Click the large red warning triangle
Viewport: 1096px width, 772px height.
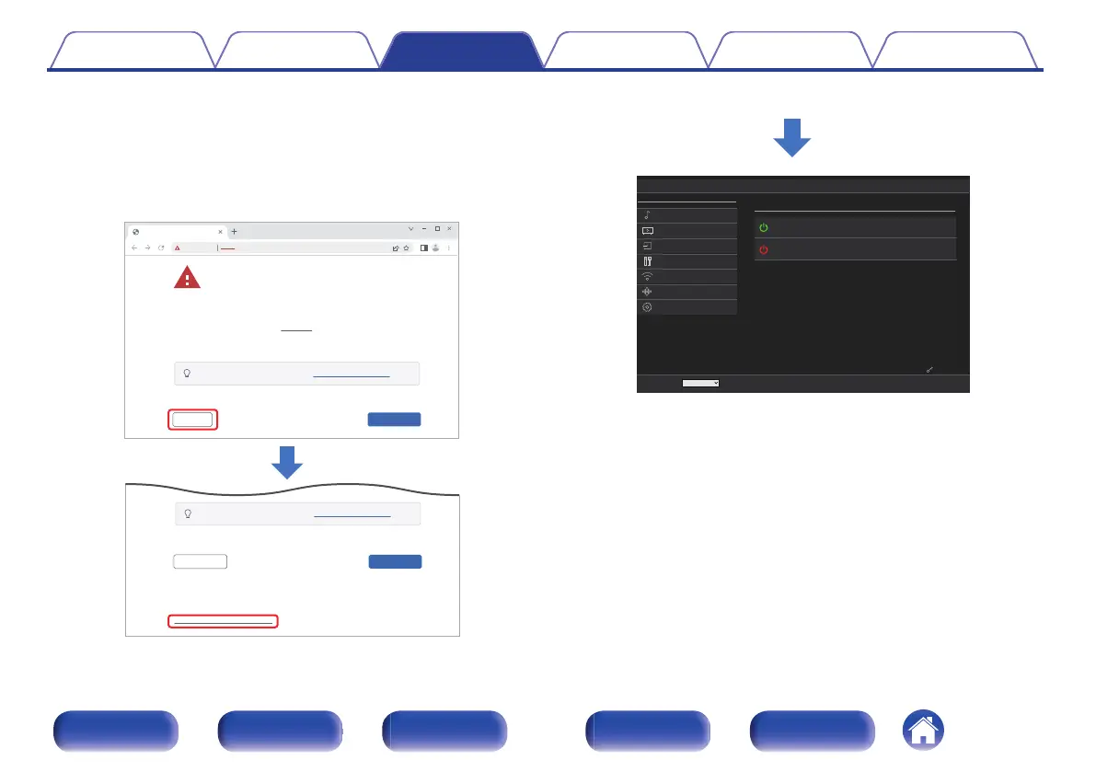(187, 279)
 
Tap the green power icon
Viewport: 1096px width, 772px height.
(763, 228)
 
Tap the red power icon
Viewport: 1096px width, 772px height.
(763, 249)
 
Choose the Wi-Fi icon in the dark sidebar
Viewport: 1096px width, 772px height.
(647, 276)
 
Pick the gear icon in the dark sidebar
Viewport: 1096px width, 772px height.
(647, 307)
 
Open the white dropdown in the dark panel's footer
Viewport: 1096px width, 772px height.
(700, 383)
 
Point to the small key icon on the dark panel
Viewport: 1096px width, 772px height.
(929, 370)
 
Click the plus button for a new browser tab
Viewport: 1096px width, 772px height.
(234, 231)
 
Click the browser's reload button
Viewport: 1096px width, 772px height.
(161, 248)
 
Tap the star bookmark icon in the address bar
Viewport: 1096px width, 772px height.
(406, 248)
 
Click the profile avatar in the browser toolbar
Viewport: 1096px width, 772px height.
(436, 248)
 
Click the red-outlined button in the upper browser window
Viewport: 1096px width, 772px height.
(192, 420)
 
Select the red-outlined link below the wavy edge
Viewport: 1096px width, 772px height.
(223, 621)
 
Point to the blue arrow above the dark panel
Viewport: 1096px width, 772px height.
(791, 141)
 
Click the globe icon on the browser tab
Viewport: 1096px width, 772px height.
(136, 231)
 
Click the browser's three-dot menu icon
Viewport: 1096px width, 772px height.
(449, 248)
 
